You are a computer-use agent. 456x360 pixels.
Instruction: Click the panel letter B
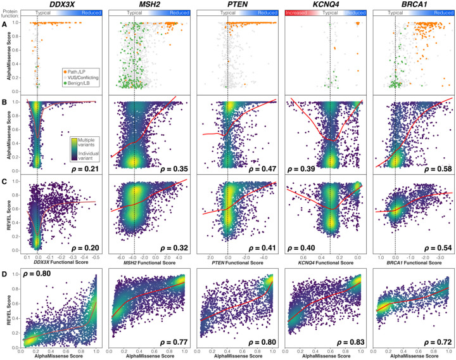point(4,100)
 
